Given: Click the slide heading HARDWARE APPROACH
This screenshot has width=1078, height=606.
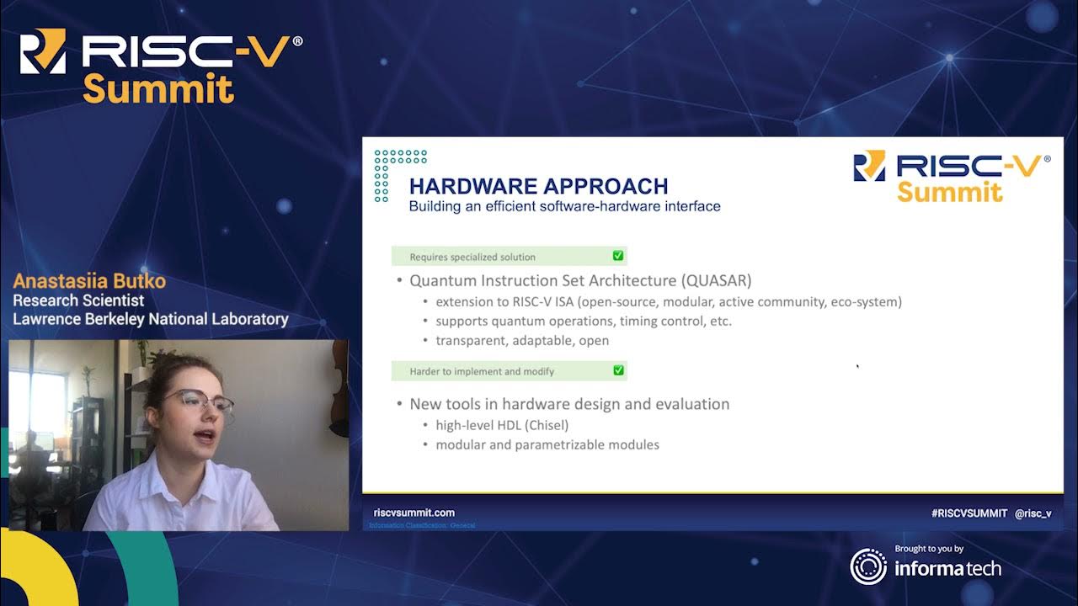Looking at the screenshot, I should click(538, 186).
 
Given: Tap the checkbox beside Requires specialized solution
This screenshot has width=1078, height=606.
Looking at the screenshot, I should click(618, 256).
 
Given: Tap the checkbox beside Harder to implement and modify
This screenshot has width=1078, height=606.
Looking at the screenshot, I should click(618, 370).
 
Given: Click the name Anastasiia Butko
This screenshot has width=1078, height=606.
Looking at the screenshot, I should click(89, 281).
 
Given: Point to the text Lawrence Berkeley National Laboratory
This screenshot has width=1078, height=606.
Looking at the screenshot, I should click(150, 319).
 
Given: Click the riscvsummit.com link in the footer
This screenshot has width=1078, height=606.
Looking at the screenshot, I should click(414, 513).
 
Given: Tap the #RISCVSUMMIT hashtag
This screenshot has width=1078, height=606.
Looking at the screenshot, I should click(969, 513).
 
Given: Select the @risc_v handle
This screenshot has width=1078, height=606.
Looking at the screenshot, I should click(1033, 513).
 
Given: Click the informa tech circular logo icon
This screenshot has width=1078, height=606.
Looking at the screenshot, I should click(867, 566).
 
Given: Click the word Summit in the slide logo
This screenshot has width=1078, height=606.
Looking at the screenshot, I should click(949, 192).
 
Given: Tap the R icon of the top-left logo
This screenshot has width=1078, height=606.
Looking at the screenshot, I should click(42, 51).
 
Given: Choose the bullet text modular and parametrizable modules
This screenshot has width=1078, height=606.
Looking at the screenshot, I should click(547, 444).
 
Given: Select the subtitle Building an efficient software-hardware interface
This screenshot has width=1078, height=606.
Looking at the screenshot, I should click(564, 206).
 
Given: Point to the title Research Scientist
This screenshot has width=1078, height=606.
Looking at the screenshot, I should click(78, 300).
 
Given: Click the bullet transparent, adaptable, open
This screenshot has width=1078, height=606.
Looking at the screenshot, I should click(521, 341).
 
